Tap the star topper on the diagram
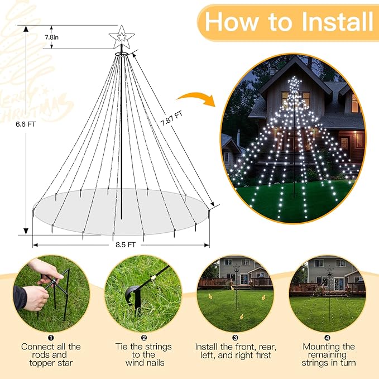[121, 37]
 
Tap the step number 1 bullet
[51, 338]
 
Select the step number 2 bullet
[143, 338]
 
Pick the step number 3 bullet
[235, 338]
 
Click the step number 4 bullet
[327, 338]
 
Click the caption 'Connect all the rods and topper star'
[51, 354]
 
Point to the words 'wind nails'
[143, 363]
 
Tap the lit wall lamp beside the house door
[344, 142]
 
